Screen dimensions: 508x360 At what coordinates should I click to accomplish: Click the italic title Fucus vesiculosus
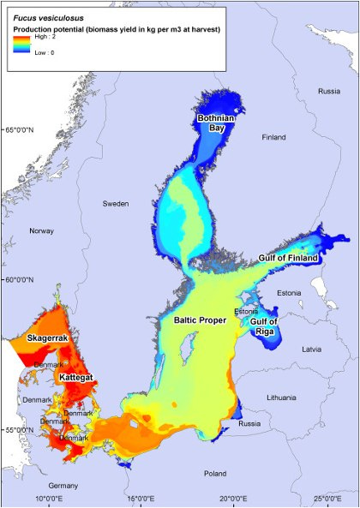click(x=44, y=15)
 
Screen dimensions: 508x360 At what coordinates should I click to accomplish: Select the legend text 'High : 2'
click(x=46, y=39)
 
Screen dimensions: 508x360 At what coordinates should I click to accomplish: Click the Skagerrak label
click(x=49, y=339)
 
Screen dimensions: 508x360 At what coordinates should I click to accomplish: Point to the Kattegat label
click(x=75, y=377)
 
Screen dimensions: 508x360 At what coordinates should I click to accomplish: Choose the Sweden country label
click(x=116, y=204)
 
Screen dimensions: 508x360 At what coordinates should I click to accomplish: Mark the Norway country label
click(x=41, y=231)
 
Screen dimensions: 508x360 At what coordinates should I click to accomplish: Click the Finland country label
click(x=273, y=137)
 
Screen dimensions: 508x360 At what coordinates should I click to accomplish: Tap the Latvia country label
click(x=311, y=350)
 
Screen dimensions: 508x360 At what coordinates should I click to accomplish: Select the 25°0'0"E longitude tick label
click(x=327, y=499)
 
